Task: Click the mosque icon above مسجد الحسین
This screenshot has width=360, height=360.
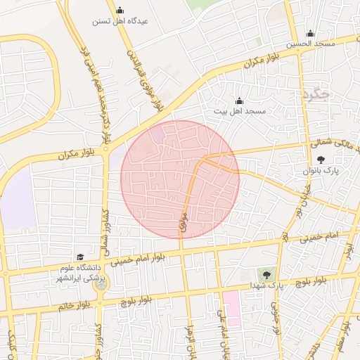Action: (x=310, y=33)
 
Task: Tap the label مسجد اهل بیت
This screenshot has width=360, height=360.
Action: (x=240, y=112)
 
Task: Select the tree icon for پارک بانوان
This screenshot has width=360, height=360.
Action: (x=321, y=160)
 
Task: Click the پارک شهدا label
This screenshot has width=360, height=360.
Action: (x=265, y=286)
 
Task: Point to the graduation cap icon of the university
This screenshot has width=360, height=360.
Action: (x=79, y=257)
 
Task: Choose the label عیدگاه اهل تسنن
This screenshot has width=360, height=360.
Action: (x=120, y=21)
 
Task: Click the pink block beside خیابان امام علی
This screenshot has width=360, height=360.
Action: (x=231, y=308)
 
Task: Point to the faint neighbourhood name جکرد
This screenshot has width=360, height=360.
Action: (x=314, y=94)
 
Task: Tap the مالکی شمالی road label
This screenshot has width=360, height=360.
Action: (x=337, y=145)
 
